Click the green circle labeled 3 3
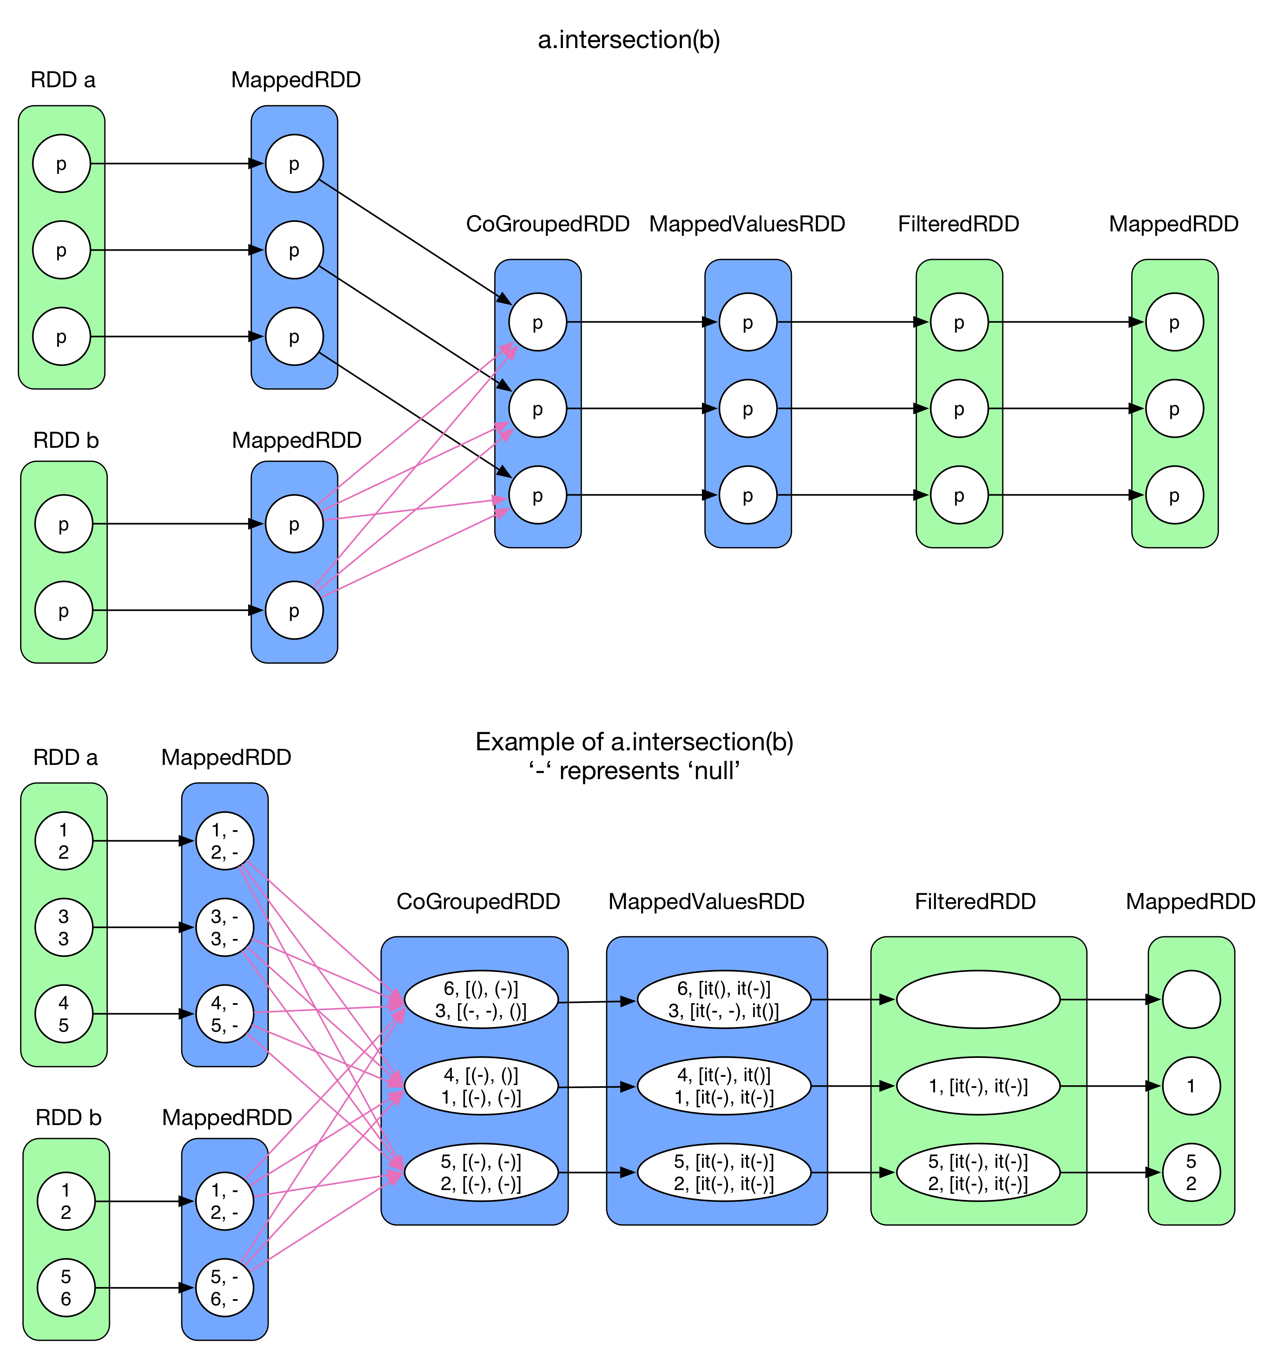(x=63, y=927)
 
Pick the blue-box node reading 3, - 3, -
(x=225, y=927)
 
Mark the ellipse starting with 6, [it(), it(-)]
(x=724, y=999)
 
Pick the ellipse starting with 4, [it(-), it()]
(x=724, y=1086)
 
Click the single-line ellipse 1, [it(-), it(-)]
(x=978, y=1086)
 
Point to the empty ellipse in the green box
(x=978, y=999)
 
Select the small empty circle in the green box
(x=1191, y=999)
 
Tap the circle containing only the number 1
(x=1191, y=1086)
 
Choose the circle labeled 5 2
(x=1191, y=1172)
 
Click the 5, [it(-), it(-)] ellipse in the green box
(x=978, y=1172)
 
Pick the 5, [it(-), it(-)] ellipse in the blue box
(x=724, y=1172)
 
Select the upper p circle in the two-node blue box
(x=294, y=524)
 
